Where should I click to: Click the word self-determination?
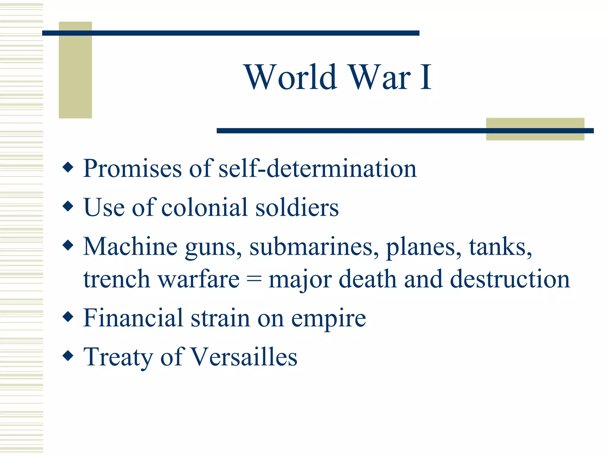pos(318,169)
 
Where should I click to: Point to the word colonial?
pos(205,207)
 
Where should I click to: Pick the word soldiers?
pos(297,207)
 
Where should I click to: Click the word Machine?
pos(130,247)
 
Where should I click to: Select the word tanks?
pos(500,247)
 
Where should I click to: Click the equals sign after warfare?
pos(254,279)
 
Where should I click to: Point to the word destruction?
pos(510,279)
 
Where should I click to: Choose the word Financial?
pos(133,318)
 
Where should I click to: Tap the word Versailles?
pos(244,357)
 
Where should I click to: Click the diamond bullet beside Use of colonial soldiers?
pos(68,206)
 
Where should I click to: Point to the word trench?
pos(117,279)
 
